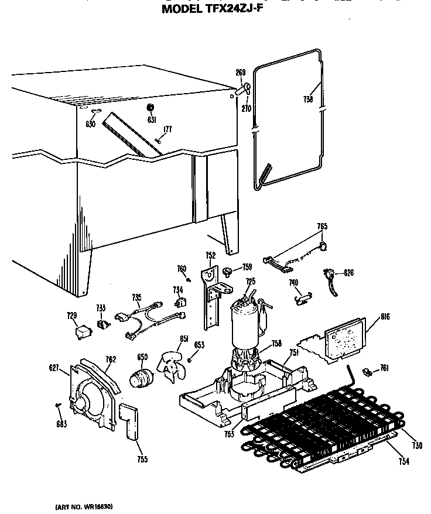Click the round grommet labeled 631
150,108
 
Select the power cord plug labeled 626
330,276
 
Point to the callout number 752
210,255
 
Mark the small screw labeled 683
57,405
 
